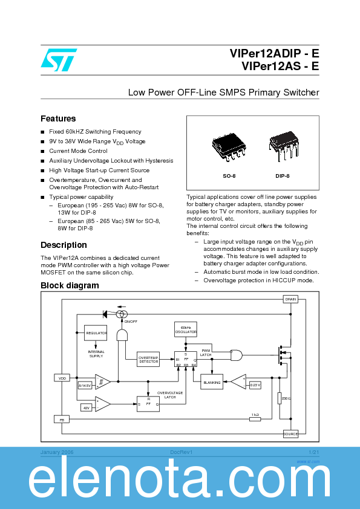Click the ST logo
(x=59, y=59)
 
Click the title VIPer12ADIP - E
(x=274, y=53)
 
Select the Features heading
(x=58, y=118)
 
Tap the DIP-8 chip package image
(x=283, y=146)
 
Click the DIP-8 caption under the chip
(x=283, y=175)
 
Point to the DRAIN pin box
(x=290, y=299)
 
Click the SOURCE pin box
(x=290, y=433)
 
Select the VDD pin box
(x=62, y=378)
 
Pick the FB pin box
(x=62, y=419)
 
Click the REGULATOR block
(x=96, y=333)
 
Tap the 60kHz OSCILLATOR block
(x=186, y=330)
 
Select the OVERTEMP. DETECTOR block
(x=148, y=360)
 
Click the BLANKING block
(x=211, y=382)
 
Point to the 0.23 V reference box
(x=255, y=384)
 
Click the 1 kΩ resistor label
(x=255, y=415)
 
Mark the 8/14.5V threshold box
(x=85, y=385)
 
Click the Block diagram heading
(x=70, y=285)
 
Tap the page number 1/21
(x=313, y=452)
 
